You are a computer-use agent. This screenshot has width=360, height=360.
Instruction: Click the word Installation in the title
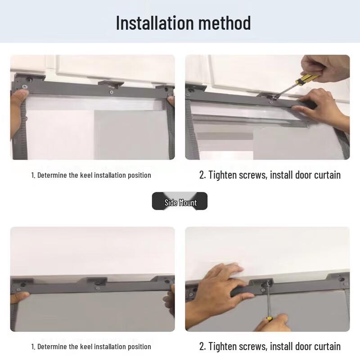(155, 23)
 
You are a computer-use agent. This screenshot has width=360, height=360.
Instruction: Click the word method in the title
(224, 23)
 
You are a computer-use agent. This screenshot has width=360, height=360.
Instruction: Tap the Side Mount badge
(180, 201)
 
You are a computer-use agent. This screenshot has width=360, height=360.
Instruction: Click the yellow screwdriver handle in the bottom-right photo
(269, 319)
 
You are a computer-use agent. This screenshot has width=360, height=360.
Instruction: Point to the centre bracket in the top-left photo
(111, 84)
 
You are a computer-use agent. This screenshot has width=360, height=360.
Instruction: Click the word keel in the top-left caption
(86, 175)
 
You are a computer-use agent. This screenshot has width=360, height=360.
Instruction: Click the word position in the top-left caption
(139, 175)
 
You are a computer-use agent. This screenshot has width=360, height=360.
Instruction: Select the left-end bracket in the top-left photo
(29, 78)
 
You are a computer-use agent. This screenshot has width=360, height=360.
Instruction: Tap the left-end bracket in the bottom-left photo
(22, 283)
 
